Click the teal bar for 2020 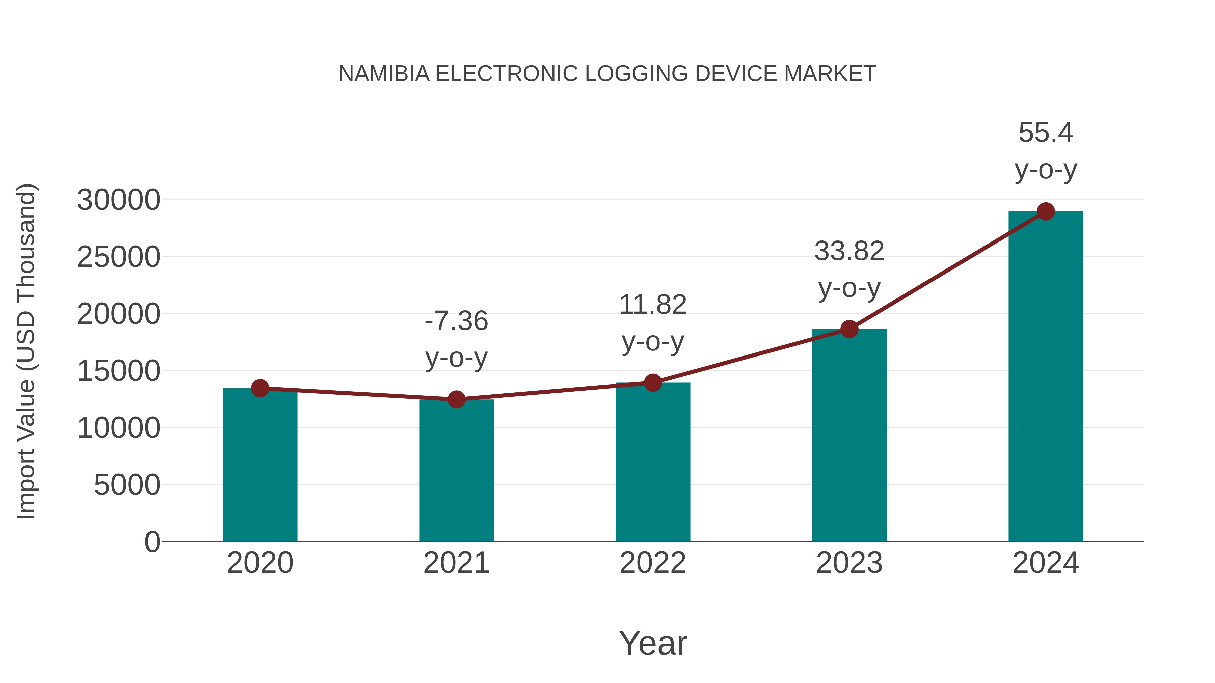click(x=260, y=467)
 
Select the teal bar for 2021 click(x=456, y=472)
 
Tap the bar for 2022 click(x=653, y=464)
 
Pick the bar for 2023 click(x=849, y=436)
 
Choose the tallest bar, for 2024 click(x=1046, y=377)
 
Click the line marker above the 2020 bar click(x=260, y=389)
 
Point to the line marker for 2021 click(x=456, y=400)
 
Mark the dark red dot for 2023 click(x=849, y=329)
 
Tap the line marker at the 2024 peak click(x=1046, y=211)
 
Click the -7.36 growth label click(x=456, y=321)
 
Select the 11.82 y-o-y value click(x=653, y=305)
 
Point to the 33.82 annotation click(x=849, y=251)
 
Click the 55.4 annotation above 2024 click(x=1046, y=133)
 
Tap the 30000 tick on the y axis click(x=118, y=200)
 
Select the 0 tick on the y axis click(x=152, y=542)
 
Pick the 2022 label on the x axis click(x=653, y=563)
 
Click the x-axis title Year click(x=653, y=644)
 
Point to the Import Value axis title click(x=26, y=351)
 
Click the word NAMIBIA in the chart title click(x=384, y=74)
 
